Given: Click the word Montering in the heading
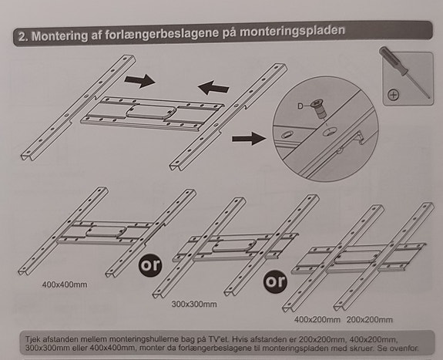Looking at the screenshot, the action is [59, 36].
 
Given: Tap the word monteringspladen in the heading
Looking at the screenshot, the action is [293, 31].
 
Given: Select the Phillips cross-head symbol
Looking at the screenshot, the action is [393, 95].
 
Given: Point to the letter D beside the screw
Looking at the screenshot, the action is [300, 106].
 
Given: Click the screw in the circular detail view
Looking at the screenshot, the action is [320, 109].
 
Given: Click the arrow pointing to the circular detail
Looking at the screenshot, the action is [249, 139].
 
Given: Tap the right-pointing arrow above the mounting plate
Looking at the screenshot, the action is [139, 81].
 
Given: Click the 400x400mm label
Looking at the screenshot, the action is [65, 284].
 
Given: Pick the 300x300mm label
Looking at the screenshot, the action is [194, 304].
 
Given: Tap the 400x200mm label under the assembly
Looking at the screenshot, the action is [317, 320].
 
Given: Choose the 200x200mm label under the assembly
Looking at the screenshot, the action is [370, 320].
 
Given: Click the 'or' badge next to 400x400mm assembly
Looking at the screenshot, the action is [150, 265].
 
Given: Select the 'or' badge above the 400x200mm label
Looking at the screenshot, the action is [275, 281].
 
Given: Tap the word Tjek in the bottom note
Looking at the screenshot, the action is [32, 339].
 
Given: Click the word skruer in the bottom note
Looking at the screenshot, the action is [367, 348].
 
